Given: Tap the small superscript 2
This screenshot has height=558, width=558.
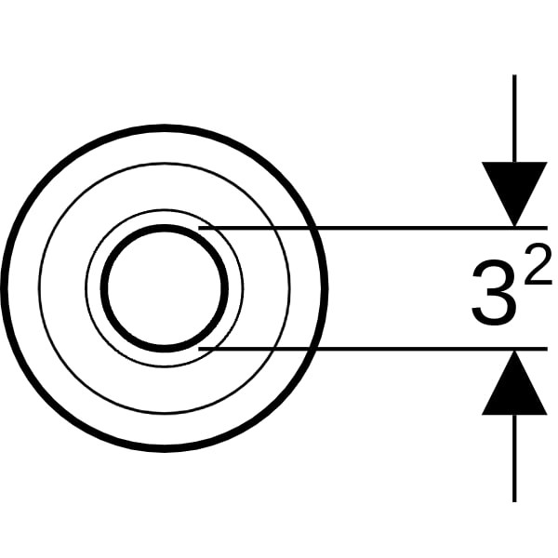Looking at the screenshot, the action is tap(538, 264).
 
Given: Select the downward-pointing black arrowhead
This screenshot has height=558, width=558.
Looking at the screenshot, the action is tap(514, 194).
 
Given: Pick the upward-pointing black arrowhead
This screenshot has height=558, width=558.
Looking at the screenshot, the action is tap(514, 382).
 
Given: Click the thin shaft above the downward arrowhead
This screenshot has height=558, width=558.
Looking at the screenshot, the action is tap(514, 118).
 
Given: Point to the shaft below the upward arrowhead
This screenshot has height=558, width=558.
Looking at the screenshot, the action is tap(514, 458).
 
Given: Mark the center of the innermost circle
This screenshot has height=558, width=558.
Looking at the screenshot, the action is tap(165, 288).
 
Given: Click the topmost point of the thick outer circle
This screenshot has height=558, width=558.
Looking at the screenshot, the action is tap(165, 128).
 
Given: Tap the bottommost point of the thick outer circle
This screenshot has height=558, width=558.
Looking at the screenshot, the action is tap(165, 449).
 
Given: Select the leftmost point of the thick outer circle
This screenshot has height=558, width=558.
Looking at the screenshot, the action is tap(4, 288).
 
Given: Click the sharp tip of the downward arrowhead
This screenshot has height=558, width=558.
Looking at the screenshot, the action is tap(514, 226).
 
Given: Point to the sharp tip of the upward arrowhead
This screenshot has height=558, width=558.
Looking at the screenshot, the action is tap(514, 351).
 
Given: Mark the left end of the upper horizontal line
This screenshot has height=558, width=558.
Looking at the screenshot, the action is tap(199, 228).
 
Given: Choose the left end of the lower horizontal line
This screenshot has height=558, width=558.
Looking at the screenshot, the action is tap(199, 349).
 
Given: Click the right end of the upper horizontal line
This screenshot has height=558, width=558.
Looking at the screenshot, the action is tap(547, 228).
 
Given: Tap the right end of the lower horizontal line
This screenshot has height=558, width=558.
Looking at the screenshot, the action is tap(547, 349).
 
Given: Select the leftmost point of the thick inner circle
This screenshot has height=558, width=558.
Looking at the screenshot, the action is tap(104, 288).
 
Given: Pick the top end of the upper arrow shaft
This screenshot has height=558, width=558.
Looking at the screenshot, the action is tap(514, 75).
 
